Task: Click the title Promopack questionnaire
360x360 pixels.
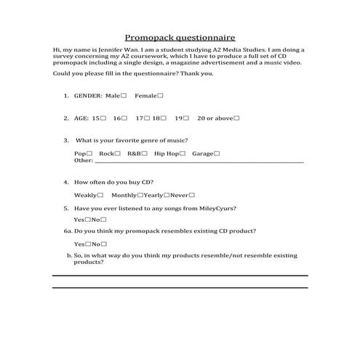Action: pos(180,36)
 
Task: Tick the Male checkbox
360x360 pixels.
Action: pos(124,95)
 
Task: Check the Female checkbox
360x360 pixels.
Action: pos(160,95)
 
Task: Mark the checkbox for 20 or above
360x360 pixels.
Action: pos(236,118)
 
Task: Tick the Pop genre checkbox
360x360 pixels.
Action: pos(89,153)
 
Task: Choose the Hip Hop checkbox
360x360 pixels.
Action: pos(183,153)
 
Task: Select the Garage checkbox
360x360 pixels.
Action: pos(217,153)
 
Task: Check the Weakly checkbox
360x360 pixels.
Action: pos(100,195)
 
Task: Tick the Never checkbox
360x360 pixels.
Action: pos(192,195)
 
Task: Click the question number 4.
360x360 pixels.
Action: pos(66,182)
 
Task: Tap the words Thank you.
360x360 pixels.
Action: pos(196,73)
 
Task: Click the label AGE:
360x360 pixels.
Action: pos(81,118)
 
